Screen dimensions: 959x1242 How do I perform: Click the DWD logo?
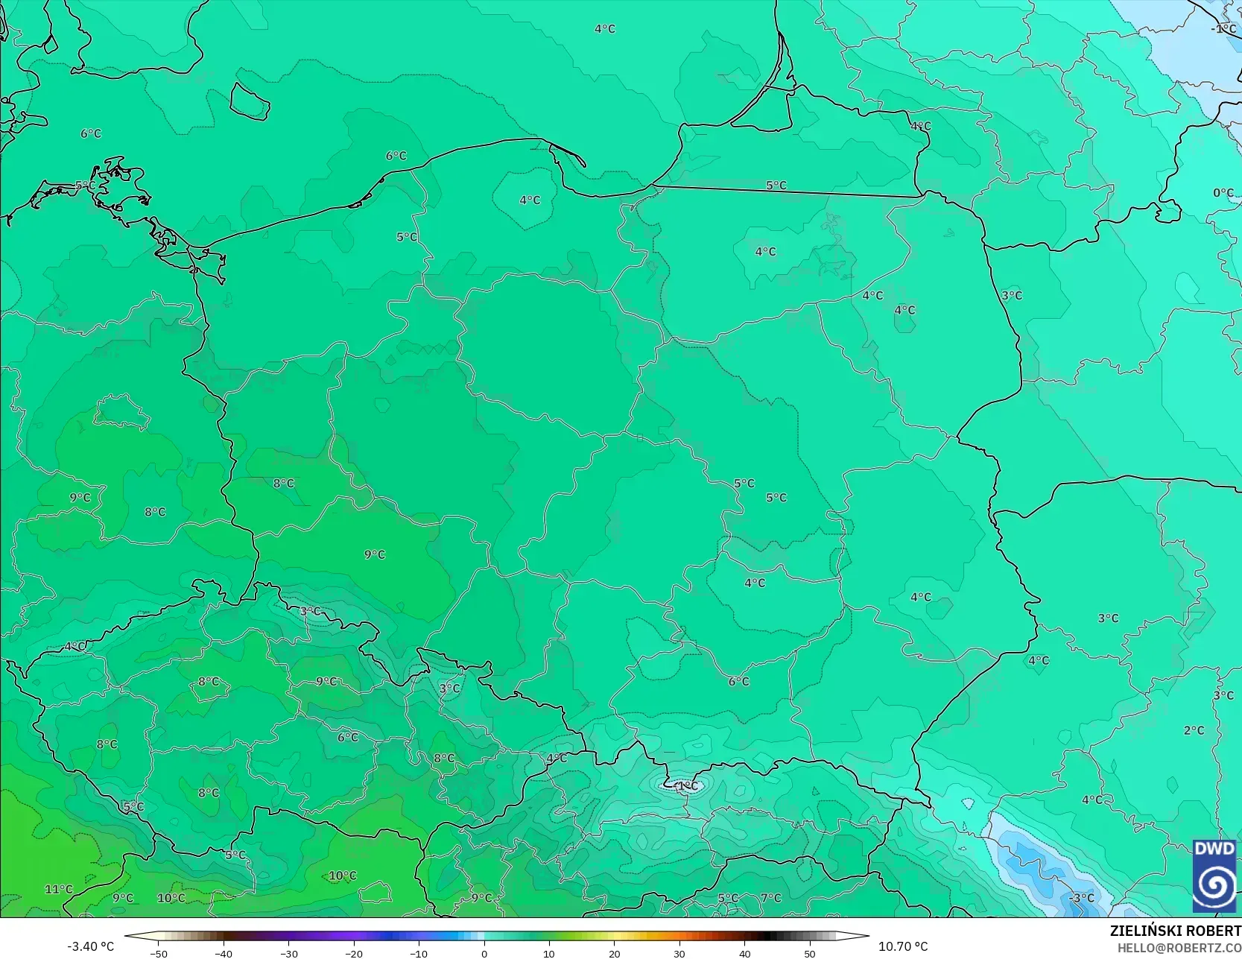tap(1214, 876)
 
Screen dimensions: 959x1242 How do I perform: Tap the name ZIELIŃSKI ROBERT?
tap(1175, 931)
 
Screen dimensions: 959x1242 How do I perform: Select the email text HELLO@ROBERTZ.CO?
tap(1179, 947)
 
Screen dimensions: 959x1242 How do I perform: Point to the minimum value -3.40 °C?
tap(91, 946)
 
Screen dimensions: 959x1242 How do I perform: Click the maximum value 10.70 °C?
tap(903, 946)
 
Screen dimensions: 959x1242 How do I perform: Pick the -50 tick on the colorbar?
tap(158, 953)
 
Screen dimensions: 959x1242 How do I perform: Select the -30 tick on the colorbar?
tap(288, 953)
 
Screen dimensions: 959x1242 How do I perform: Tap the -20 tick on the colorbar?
tap(354, 953)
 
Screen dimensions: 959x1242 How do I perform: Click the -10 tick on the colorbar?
tap(419, 953)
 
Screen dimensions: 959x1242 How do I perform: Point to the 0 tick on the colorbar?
tap(484, 953)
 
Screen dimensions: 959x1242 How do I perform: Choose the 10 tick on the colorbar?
tap(549, 953)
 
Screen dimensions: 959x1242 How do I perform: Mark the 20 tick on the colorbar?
tap(614, 953)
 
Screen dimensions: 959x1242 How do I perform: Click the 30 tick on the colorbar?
tap(679, 953)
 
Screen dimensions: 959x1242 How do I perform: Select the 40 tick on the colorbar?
tap(744, 953)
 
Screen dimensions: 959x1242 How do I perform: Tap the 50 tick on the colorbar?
tap(810, 953)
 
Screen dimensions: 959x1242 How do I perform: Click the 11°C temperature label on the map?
tap(59, 889)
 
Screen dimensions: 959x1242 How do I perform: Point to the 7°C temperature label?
tap(771, 898)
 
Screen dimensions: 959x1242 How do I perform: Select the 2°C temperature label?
tap(1194, 730)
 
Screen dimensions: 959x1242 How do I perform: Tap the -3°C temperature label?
tap(1081, 898)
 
